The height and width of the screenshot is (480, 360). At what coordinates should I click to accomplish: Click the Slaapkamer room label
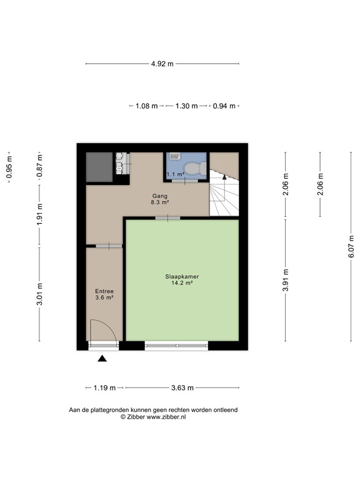[x=182, y=276]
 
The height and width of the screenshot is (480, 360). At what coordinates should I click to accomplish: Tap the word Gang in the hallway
[x=160, y=196]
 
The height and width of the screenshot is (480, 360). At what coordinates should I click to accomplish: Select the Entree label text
[x=104, y=291]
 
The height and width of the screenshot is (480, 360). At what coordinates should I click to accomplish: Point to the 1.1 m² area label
[x=176, y=174]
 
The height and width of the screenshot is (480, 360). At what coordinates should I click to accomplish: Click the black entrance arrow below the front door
[x=102, y=358]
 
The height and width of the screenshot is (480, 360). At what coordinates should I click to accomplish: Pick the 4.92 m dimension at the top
[x=162, y=64]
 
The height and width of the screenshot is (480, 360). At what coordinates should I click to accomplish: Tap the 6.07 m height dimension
[x=351, y=247]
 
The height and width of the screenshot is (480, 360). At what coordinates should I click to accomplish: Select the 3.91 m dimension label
[x=286, y=280]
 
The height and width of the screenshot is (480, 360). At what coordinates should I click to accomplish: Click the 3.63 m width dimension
[x=182, y=387]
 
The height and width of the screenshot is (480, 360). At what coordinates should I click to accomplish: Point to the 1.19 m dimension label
[x=104, y=387]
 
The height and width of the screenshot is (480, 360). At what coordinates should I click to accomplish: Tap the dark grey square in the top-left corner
[x=99, y=166]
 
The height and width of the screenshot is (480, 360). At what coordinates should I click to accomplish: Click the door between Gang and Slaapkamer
[x=167, y=217]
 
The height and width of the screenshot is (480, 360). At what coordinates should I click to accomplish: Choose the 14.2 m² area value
[x=182, y=283]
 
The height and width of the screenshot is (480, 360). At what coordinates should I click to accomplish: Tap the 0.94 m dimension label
[x=224, y=106]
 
